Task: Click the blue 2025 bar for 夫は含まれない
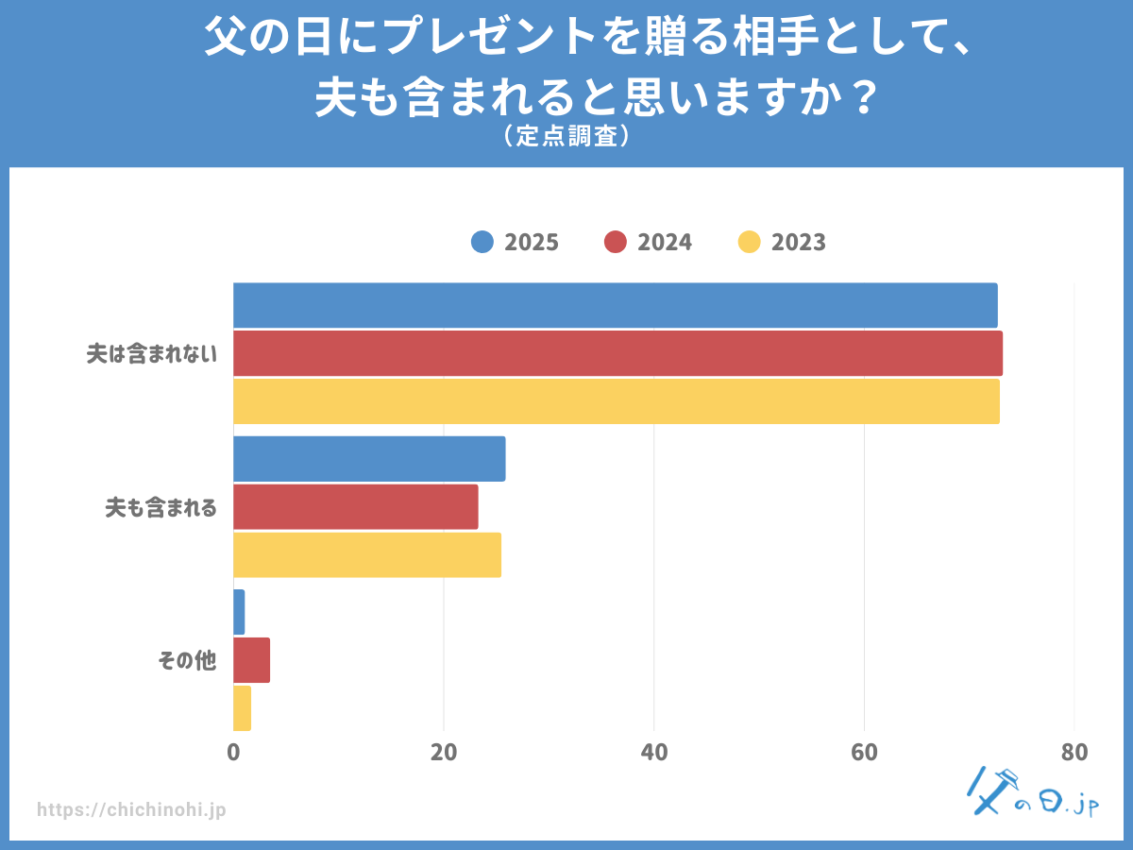(615, 305)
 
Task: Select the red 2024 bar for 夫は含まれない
(617, 353)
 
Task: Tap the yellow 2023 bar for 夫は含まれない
(616, 401)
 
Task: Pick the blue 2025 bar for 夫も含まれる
(369, 459)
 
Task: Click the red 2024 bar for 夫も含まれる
(355, 507)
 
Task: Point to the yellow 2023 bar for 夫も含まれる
(367, 555)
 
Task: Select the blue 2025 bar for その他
(239, 612)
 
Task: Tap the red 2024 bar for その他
(251, 660)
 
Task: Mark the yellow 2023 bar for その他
(242, 708)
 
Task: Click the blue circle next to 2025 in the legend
(482, 242)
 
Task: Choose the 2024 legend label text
(665, 242)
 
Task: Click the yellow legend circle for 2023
(749, 242)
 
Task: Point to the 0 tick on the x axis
(233, 753)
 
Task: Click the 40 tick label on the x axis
(653, 753)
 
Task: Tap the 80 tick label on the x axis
(1074, 753)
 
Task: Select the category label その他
(187, 661)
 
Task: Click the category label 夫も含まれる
(161, 508)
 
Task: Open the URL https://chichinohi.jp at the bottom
(131, 809)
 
